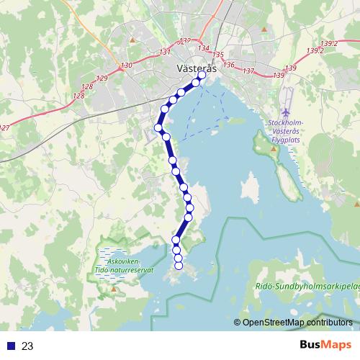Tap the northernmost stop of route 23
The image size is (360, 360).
[202, 74]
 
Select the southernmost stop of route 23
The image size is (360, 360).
[179, 266]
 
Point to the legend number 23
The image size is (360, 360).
[28, 346]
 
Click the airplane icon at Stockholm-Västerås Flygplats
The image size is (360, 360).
[287, 114]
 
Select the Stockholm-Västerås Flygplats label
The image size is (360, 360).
[287, 132]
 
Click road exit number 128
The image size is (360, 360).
[88, 86]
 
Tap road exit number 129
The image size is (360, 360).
[102, 78]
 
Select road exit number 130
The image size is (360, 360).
[127, 66]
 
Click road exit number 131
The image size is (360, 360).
[165, 52]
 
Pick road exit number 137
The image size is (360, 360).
[249, 71]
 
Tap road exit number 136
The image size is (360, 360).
[229, 65]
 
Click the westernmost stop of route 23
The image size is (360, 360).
[158, 128]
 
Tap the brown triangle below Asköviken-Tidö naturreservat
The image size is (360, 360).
[113, 289]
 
